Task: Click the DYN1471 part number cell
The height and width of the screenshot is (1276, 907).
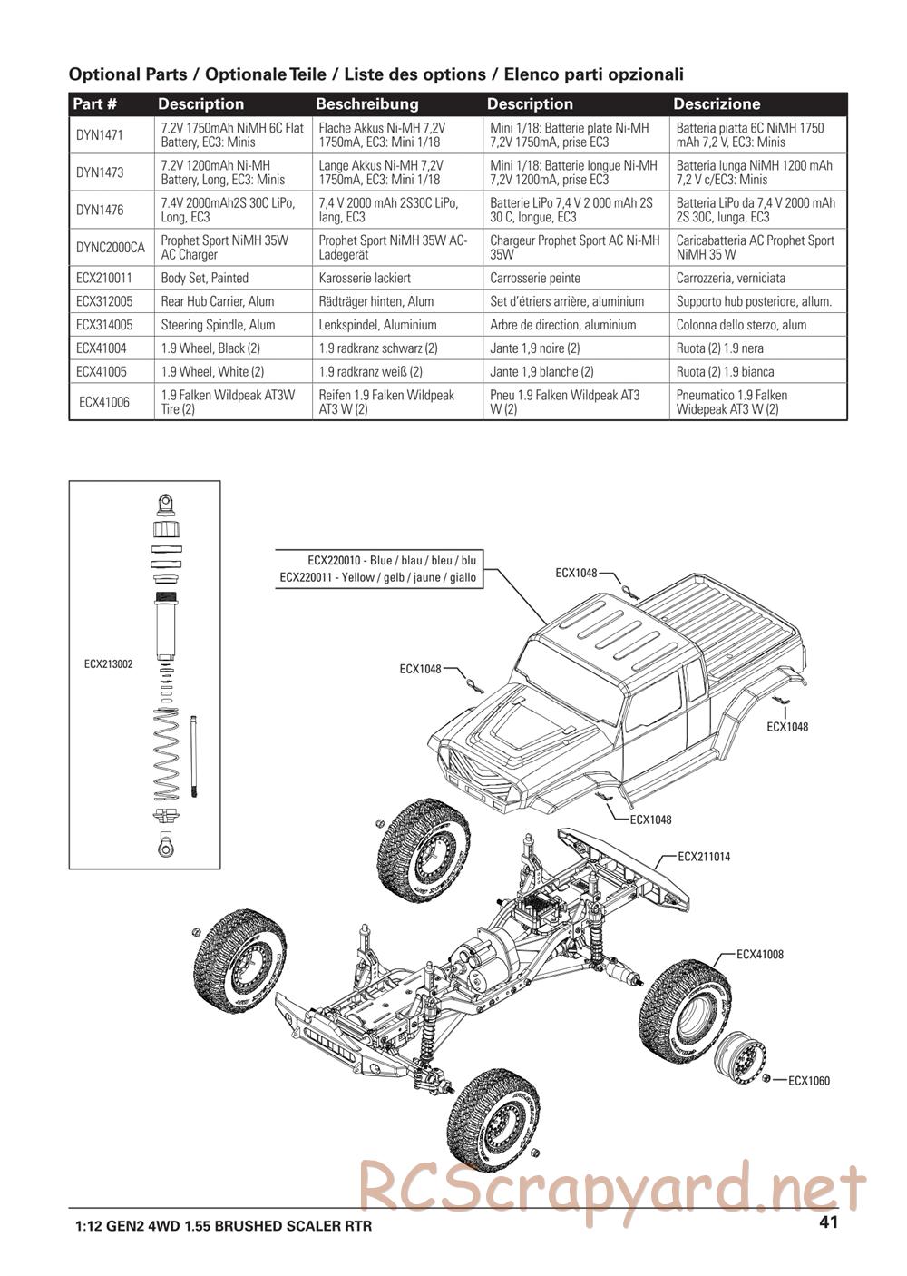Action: (100, 134)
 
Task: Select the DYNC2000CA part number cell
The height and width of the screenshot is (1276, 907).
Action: (110, 248)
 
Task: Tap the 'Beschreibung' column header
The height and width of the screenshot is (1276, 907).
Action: (366, 103)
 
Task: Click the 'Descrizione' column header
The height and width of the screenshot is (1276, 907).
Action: (717, 103)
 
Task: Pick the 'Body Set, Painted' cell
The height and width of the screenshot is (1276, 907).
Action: (204, 278)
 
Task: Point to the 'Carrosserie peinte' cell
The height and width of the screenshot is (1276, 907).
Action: (535, 278)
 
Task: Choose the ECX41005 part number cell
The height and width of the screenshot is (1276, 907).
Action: (102, 371)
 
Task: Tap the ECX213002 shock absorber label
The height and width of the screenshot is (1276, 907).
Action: (108, 664)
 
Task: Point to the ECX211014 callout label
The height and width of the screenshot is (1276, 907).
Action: (704, 857)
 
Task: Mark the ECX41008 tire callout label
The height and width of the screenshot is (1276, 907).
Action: (760, 955)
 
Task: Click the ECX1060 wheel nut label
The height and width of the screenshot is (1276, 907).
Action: (809, 1081)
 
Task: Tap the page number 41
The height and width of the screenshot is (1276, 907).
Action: (827, 1222)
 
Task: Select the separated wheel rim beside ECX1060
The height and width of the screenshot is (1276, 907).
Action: (738, 1065)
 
